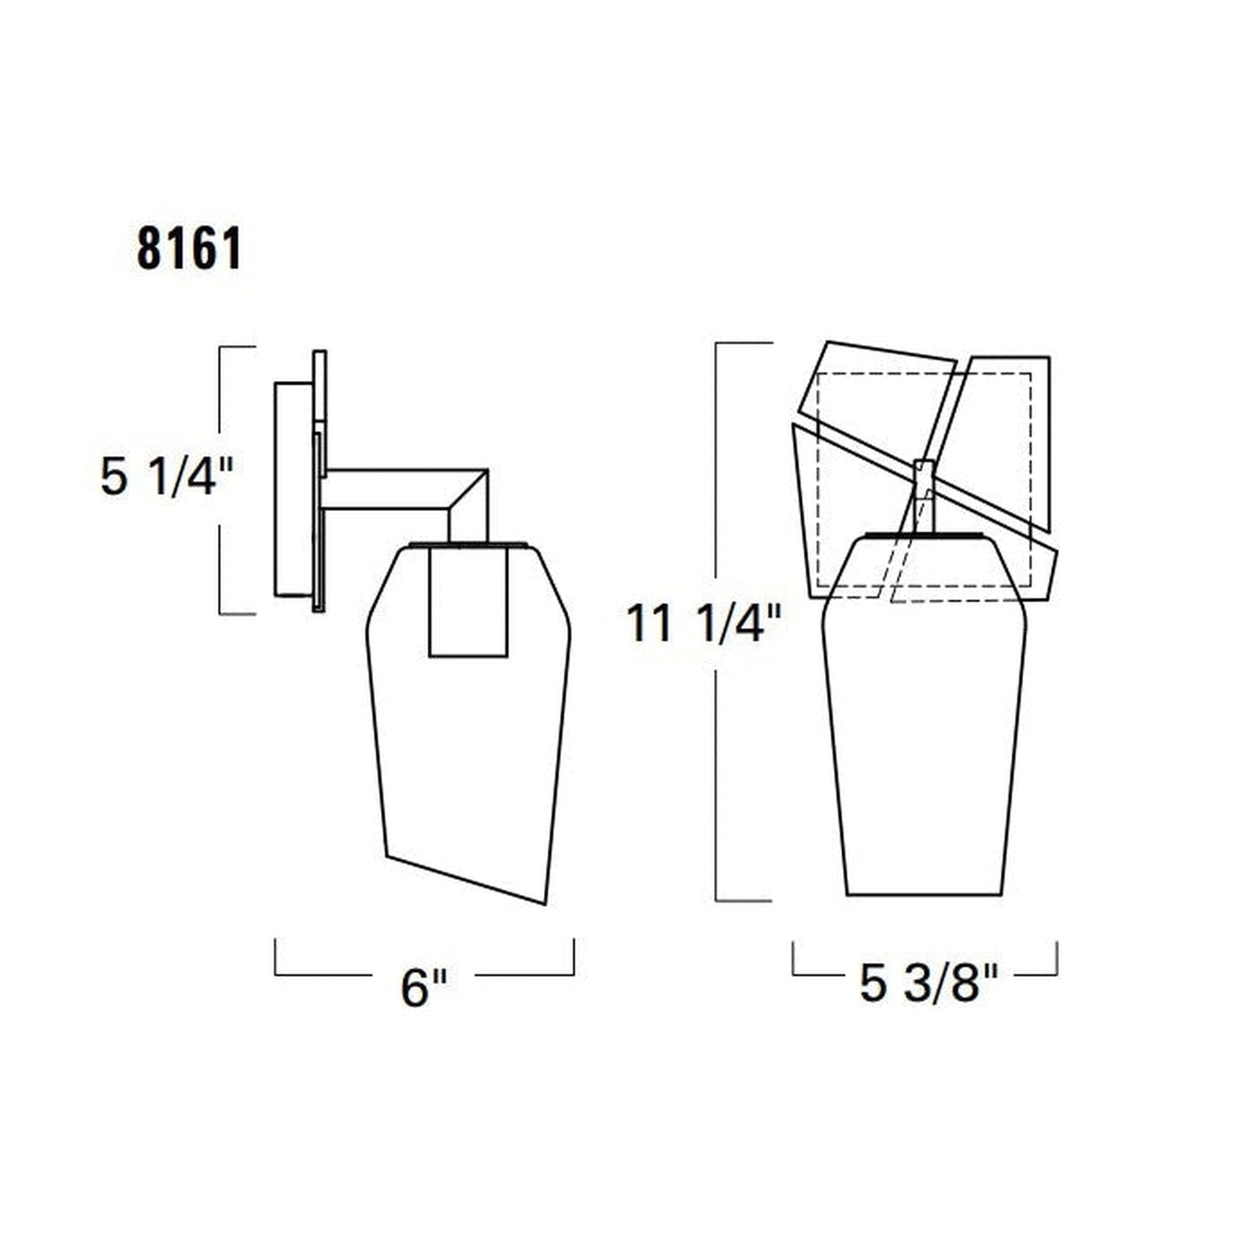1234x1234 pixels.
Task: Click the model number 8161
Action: [x=189, y=249]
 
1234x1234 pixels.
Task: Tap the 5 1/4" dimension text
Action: [x=167, y=477]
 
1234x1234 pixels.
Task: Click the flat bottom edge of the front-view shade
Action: [x=923, y=894]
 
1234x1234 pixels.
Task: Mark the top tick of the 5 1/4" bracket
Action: [x=237, y=347]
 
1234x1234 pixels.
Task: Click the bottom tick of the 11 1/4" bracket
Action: [x=743, y=900]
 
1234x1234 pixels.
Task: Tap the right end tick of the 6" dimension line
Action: [x=573, y=956]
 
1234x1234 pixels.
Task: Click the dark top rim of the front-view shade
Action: [x=923, y=535]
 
